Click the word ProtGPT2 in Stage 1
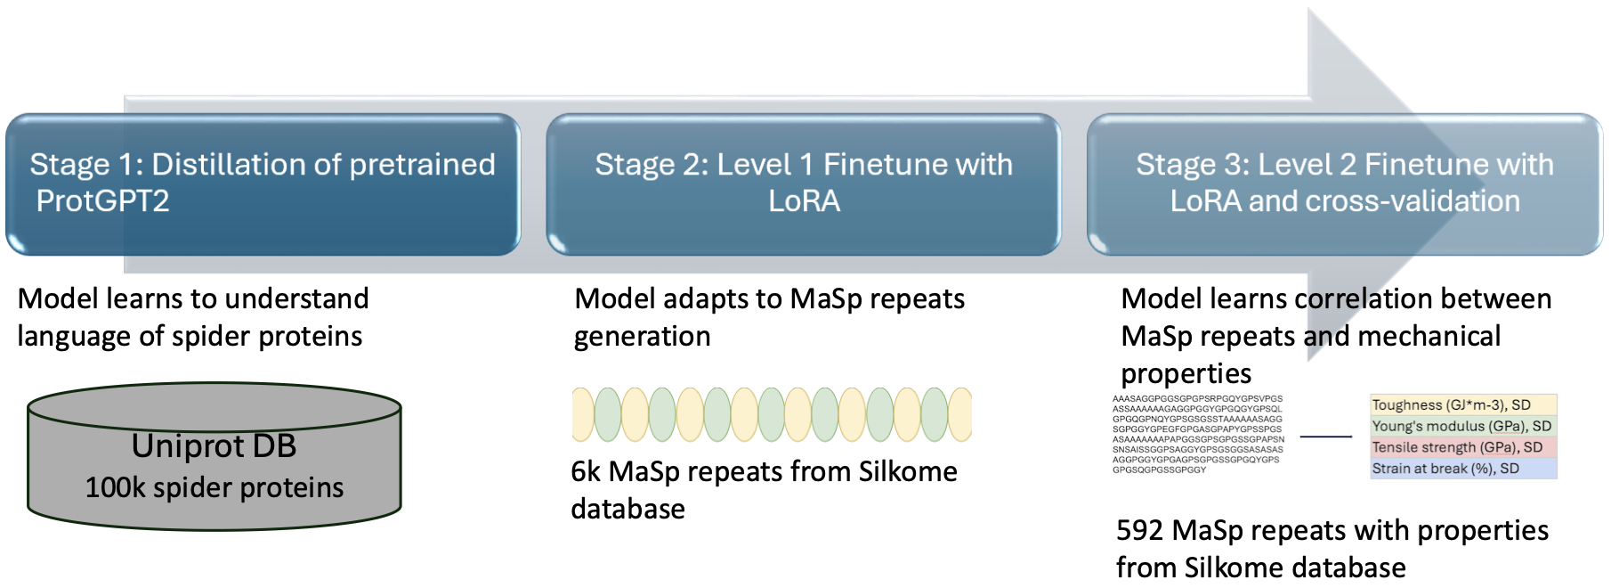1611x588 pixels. tap(102, 201)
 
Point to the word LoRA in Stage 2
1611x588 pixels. tap(804, 201)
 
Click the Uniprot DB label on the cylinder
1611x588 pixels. tap(214, 445)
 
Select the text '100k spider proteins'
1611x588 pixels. tap(214, 487)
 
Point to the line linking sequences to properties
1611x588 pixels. tap(1325, 437)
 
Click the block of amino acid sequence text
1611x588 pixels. tap(1197, 434)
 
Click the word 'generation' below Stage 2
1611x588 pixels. tap(642, 337)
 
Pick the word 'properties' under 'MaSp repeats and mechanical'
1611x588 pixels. tap(1186, 373)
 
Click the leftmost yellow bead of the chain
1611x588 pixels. tap(582, 414)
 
